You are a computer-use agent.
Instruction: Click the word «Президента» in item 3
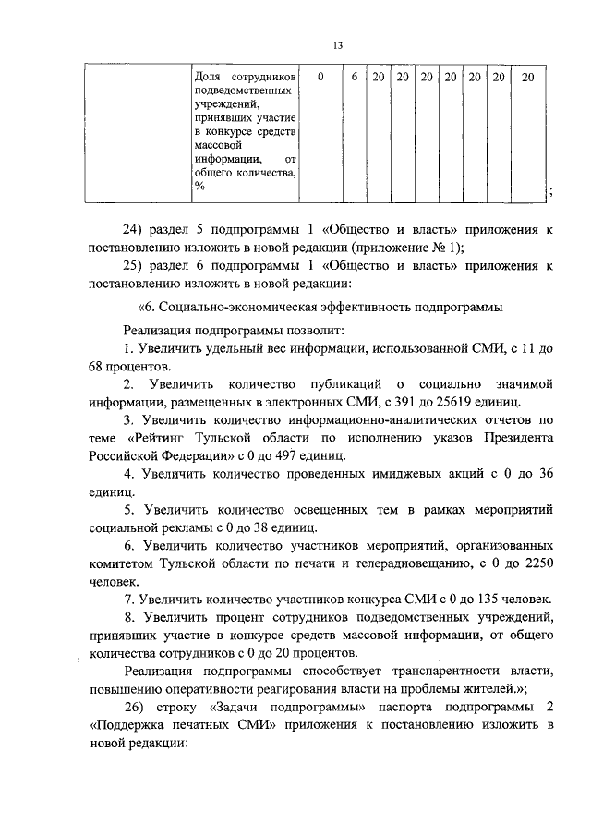pos(513,438)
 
